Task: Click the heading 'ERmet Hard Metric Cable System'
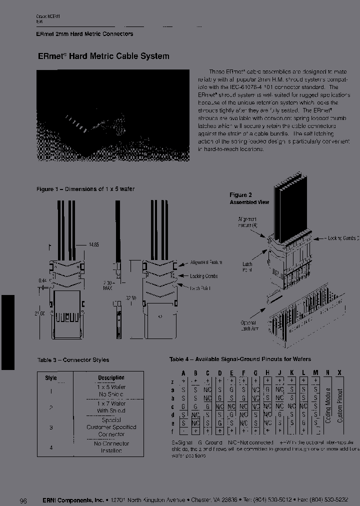(x=103, y=56)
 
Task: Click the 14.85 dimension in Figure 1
(x=93, y=245)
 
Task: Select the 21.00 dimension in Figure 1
(x=39, y=313)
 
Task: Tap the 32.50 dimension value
(x=131, y=297)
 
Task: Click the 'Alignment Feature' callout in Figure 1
(x=206, y=262)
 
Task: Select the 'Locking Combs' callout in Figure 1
(x=203, y=276)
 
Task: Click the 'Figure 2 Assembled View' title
(x=249, y=198)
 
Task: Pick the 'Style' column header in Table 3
(x=51, y=378)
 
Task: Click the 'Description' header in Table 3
(x=111, y=378)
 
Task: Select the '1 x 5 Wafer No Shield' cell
(x=111, y=390)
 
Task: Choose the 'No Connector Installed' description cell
(x=111, y=447)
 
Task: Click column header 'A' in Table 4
(x=183, y=372)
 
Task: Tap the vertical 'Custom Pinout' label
(x=340, y=405)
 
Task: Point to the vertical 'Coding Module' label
(x=328, y=405)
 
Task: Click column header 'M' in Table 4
(x=315, y=372)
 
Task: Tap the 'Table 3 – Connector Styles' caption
(x=73, y=359)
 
